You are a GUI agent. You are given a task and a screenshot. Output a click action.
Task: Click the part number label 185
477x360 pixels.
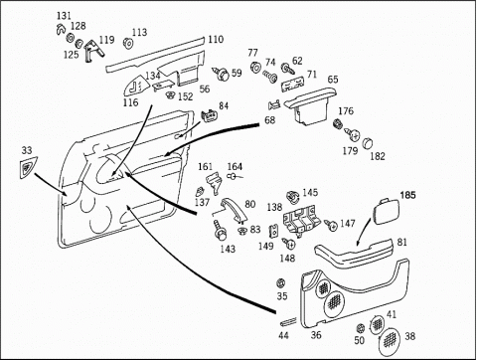point(407,195)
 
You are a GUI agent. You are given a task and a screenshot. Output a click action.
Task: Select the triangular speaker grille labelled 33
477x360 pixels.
point(28,168)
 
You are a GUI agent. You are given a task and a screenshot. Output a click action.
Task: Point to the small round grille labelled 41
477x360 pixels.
point(377,324)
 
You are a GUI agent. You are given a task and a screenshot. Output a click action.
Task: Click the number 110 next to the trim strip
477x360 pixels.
point(216,40)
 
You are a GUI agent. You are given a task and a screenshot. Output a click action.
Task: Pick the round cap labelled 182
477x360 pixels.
point(367,143)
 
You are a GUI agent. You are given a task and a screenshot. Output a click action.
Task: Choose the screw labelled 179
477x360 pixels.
point(352,134)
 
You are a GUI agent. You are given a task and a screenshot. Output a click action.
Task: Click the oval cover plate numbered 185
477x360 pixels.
point(386,211)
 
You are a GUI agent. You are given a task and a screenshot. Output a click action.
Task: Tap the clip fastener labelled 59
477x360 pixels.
point(222,75)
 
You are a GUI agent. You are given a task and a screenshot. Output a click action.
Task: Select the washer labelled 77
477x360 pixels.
point(254,68)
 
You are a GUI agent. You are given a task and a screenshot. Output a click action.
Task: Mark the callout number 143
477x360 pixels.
point(228,249)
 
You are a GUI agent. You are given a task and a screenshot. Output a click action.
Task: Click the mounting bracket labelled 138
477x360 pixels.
point(300,221)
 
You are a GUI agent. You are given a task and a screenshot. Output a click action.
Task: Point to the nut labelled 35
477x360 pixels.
point(281,283)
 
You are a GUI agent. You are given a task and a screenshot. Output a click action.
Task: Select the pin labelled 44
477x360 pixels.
point(289,321)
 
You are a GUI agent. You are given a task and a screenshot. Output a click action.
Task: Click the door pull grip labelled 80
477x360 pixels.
point(233,208)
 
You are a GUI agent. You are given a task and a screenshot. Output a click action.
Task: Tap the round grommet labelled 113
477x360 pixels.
point(127,43)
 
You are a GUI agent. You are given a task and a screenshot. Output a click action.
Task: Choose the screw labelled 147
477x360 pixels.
point(331,225)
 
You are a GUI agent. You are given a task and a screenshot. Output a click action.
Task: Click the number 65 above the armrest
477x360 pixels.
point(333,80)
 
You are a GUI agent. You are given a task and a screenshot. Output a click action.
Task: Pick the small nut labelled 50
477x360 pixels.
point(360,328)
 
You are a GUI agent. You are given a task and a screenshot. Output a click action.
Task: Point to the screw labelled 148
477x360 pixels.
point(288,244)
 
